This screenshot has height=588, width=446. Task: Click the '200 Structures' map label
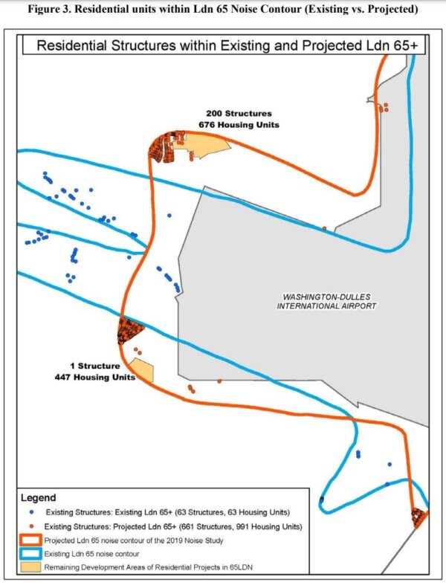coord(239,113)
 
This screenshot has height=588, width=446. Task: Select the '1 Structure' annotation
coord(94,366)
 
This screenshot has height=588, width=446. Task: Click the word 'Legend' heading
coord(38,497)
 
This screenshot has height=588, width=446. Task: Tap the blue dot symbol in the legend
coord(33,513)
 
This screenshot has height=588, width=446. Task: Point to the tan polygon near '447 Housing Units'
coord(142,370)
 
